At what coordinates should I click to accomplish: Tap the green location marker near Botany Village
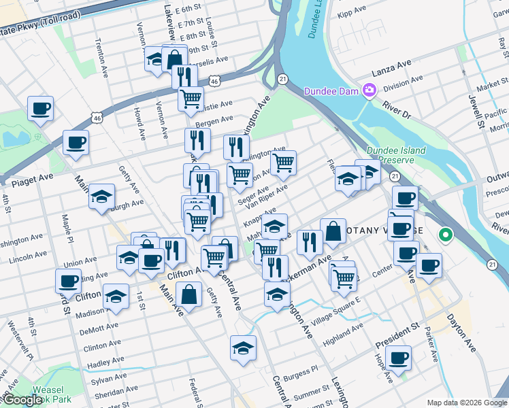(x=446, y=236)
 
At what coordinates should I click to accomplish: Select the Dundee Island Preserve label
(x=395, y=156)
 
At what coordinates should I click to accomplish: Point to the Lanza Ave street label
(x=391, y=67)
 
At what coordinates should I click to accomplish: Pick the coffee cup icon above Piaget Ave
(x=76, y=143)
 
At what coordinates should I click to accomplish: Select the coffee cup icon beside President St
(x=398, y=356)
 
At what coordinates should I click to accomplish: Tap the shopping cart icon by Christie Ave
(x=191, y=98)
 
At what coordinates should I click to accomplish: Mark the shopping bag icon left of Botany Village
(x=333, y=231)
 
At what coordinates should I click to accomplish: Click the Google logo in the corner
(x=22, y=401)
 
